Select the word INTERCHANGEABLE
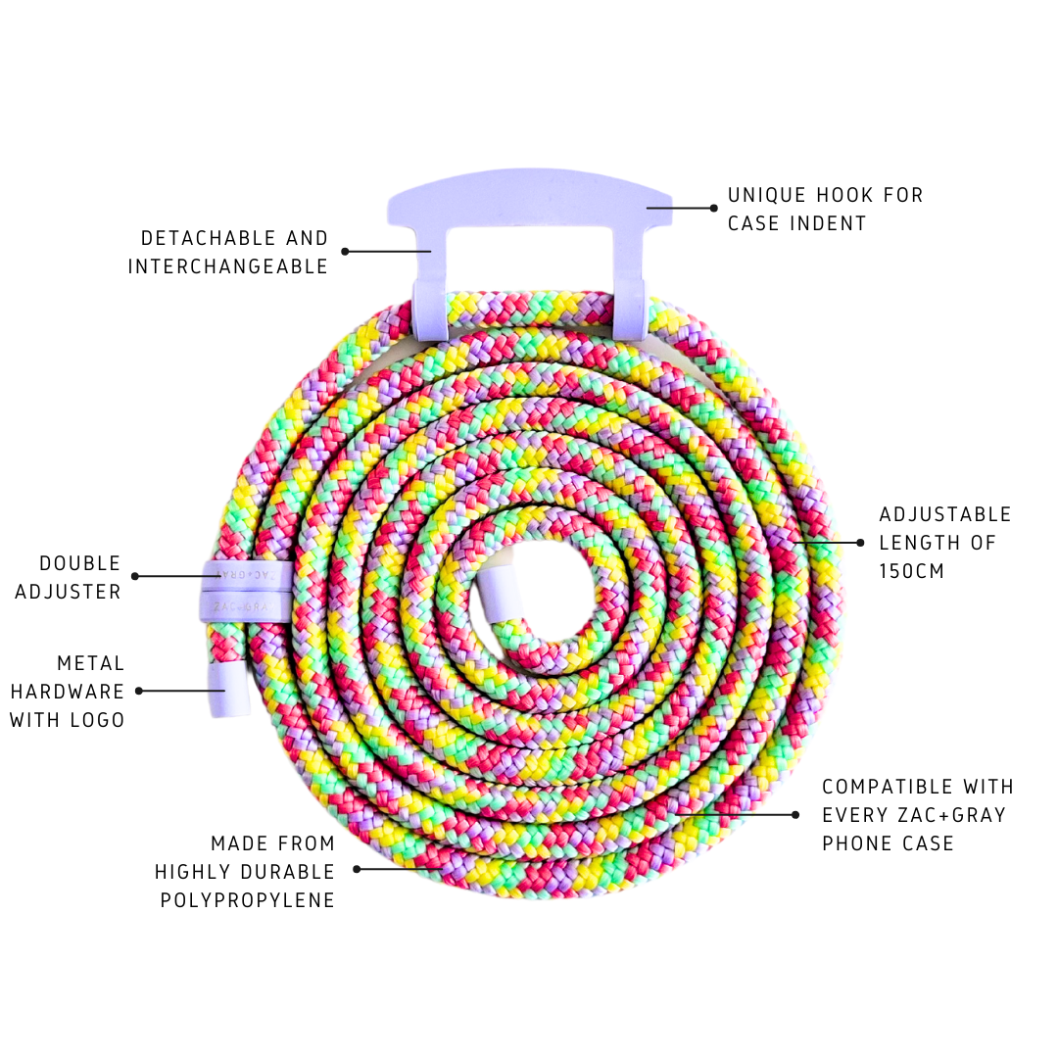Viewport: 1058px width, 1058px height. (228, 266)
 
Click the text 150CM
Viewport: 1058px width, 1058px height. (912, 570)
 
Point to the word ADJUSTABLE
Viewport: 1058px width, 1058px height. (944, 514)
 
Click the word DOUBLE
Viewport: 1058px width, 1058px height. (80, 563)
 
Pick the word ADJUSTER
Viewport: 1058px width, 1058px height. (69, 592)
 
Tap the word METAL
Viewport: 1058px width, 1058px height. (91, 663)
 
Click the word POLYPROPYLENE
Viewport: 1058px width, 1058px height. (248, 900)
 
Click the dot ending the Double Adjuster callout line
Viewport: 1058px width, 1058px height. (135, 576)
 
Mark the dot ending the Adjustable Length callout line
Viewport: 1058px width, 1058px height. (860, 542)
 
